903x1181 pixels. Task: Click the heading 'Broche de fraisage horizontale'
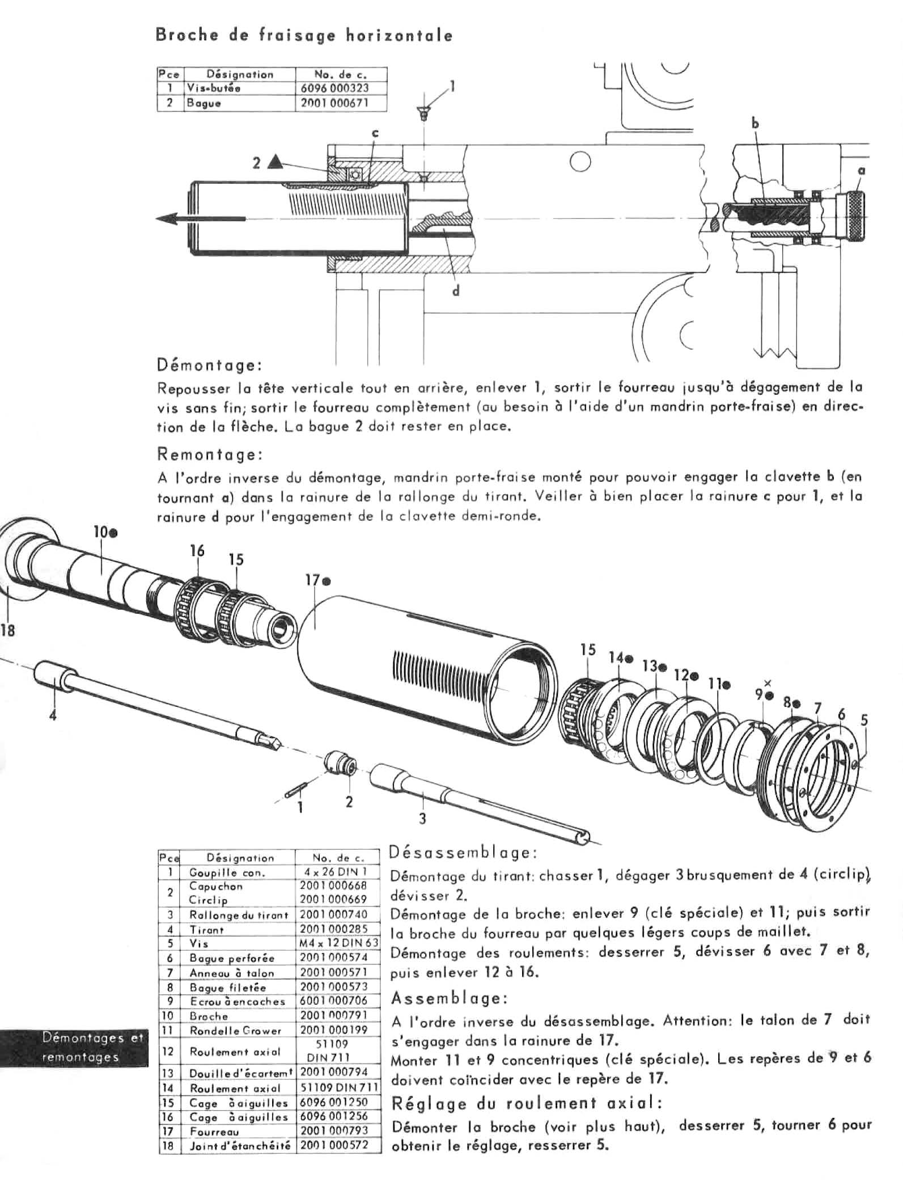pyautogui.click(x=304, y=36)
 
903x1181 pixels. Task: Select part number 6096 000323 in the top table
pyautogui.click(x=341, y=88)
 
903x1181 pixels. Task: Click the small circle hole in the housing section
pyautogui.click(x=580, y=163)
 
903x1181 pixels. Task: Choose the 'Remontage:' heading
pyautogui.click(x=209, y=454)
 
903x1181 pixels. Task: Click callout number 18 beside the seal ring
pyautogui.click(x=8, y=630)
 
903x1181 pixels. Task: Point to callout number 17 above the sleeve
pyautogui.click(x=312, y=580)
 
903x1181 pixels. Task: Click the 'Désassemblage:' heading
pyautogui.click(x=463, y=853)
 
